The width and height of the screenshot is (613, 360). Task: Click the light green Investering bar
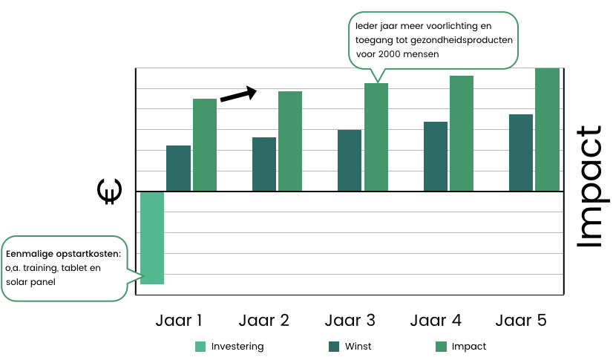click(151, 238)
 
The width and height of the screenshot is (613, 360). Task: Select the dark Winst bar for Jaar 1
click(178, 168)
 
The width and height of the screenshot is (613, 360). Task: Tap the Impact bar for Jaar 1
click(205, 145)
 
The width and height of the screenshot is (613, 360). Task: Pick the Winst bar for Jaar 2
click(263, 164)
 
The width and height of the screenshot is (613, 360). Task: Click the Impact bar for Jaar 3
click(376, 137)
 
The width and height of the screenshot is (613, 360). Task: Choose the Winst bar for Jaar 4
click(435, 156)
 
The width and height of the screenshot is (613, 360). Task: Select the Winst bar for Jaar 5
click(521, 152)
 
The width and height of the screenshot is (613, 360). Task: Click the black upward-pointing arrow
click(238, 95)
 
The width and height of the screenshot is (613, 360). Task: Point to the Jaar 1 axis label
click(179, 321)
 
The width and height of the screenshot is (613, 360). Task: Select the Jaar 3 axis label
click(350, 321)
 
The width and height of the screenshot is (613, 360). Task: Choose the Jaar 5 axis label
click(521, 321)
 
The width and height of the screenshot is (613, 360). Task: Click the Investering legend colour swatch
click(200, 346)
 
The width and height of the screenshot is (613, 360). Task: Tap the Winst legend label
click(358, 346)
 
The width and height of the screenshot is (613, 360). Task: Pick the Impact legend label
click(468, 346)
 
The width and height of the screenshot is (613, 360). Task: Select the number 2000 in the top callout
click(390, 53)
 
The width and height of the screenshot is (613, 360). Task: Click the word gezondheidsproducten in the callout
click(466, 40)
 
